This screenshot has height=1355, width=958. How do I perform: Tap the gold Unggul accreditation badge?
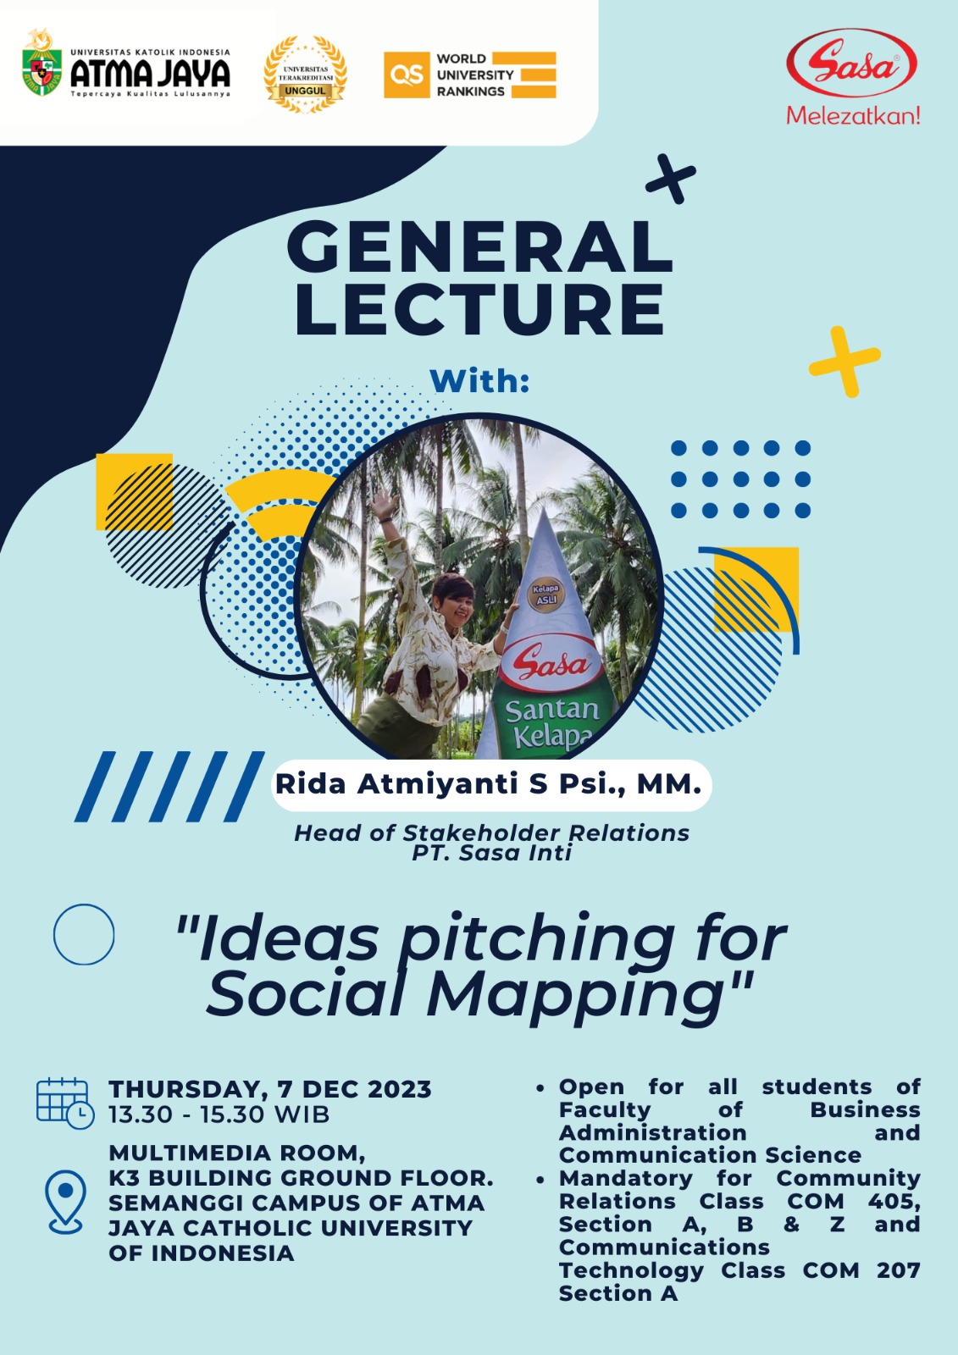(305, 75)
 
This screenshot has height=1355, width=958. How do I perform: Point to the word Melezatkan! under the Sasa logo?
(853, 115)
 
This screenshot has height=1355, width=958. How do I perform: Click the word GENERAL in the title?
(479, 249)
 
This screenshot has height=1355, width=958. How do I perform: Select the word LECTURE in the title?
(479, 309)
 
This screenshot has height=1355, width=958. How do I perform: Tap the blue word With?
(479, 381)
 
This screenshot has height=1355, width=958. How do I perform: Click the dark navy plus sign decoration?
(671, 179)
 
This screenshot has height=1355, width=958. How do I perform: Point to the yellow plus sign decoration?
(844, 362)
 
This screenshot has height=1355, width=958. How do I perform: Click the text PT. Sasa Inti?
(491, 853)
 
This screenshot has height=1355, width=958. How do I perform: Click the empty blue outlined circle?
(84, 935)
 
